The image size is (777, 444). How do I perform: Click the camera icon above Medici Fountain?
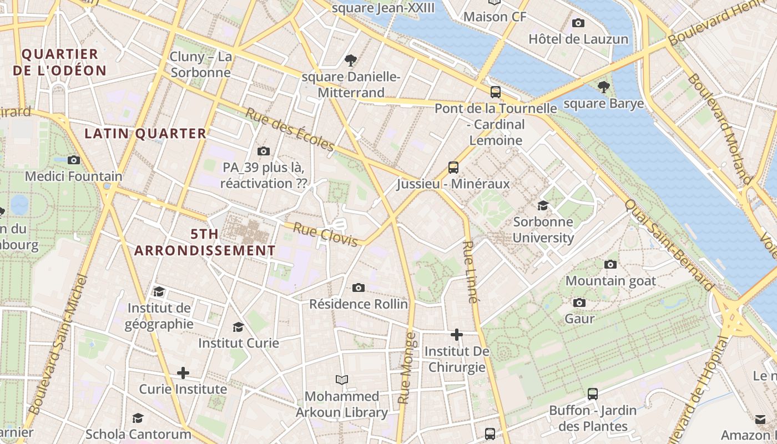coord(73,160)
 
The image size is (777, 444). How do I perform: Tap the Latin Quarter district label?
coord(145,133)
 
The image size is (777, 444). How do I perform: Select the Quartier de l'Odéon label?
coord(59,62)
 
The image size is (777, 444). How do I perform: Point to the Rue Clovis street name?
coord(325,235)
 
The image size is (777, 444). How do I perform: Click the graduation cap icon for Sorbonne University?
coord(543,205)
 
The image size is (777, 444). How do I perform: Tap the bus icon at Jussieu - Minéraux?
coord(453,167)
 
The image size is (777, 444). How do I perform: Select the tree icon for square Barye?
coord(603,87)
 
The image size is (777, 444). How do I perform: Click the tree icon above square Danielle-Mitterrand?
coord(350,60)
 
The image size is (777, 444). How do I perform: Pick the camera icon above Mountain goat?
coord(610,264)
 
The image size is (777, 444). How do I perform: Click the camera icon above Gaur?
coord(579,302)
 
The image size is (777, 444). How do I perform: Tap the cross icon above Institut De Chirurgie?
coord(457,335)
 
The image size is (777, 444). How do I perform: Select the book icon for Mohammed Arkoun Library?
coord(342,380)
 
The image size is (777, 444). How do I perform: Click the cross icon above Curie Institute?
coord(183,373)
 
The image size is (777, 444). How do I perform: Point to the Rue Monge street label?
coord(406,367)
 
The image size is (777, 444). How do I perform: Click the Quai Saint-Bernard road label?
coord(669,245)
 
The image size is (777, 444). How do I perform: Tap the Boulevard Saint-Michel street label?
coord(58,344)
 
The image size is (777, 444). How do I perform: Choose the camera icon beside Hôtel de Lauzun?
coord(578,23)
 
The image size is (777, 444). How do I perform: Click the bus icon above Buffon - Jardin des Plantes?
coord(593,394)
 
